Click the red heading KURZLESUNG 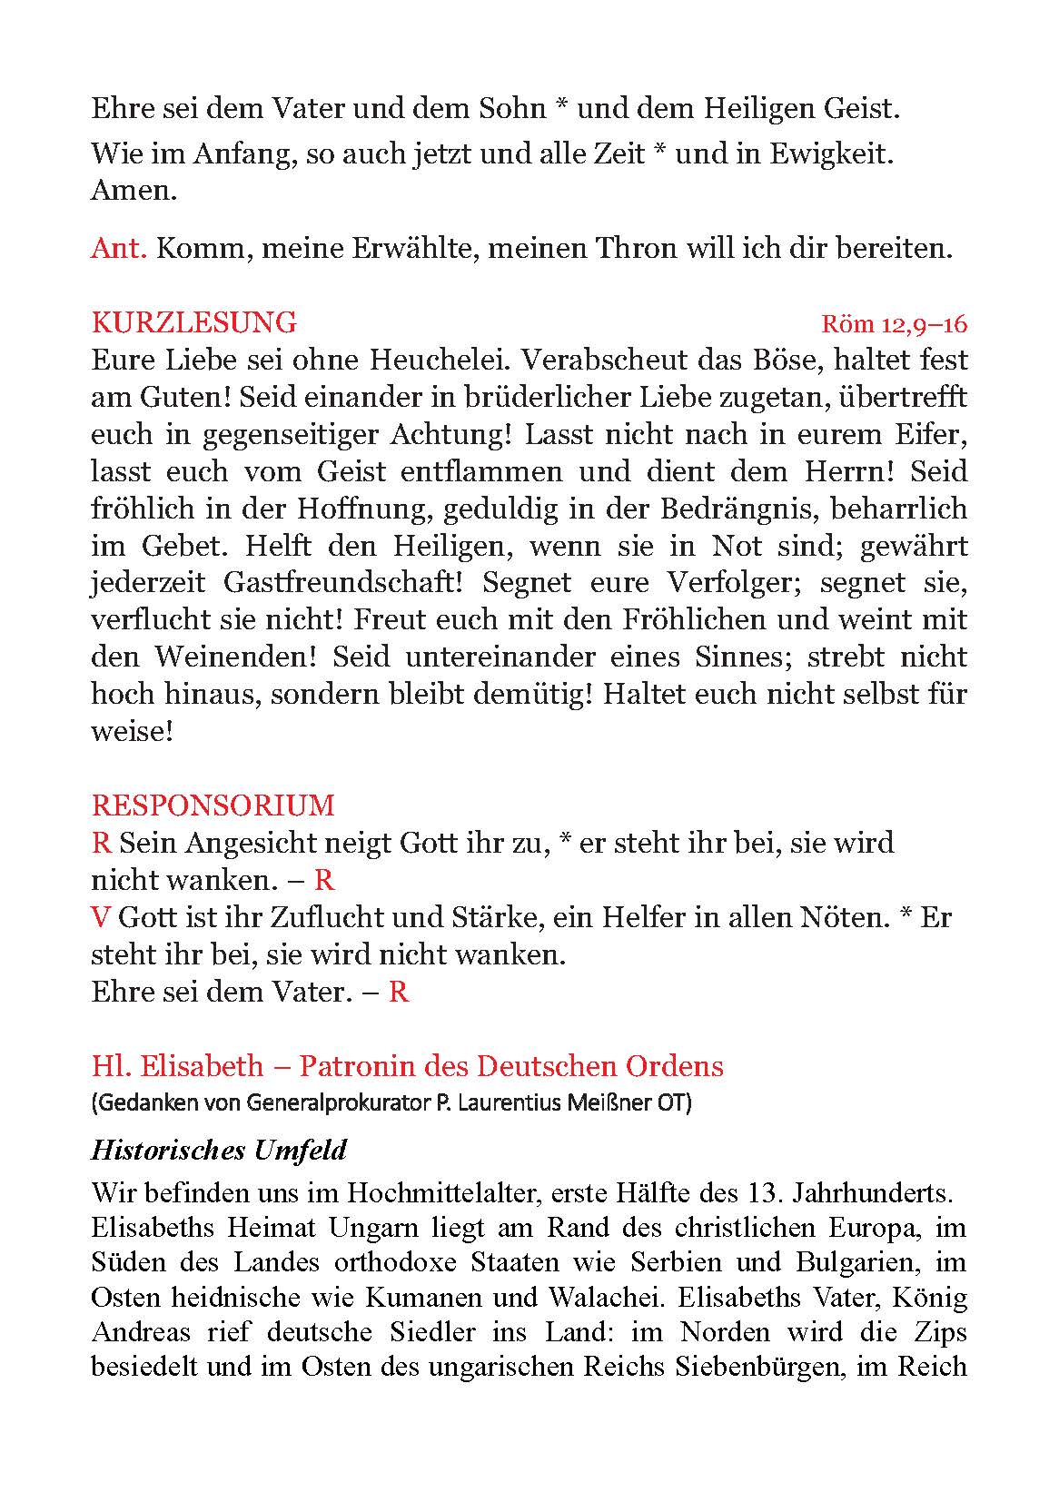click(x=193, y=322)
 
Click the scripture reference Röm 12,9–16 click(x=894, y=324)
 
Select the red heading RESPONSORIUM click(x=213, y=805)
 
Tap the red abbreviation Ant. click(x=118, y=248)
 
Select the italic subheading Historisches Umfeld click(x=219, y=1151)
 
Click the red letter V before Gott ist click(x=100, y=917)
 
